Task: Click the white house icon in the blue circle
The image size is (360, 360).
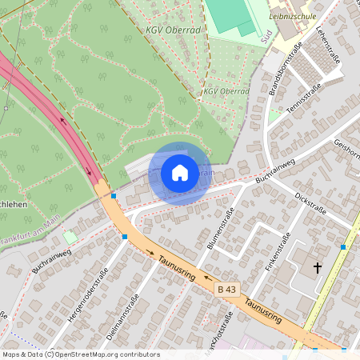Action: (x=180, y=173)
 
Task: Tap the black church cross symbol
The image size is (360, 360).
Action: (x=318, y=267)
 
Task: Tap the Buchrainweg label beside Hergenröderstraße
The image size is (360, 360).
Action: (x=52, y=260)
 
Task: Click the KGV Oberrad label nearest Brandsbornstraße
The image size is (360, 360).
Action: (x=226, y=91)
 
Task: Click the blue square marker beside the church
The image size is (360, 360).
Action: (x=343, y=247)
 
